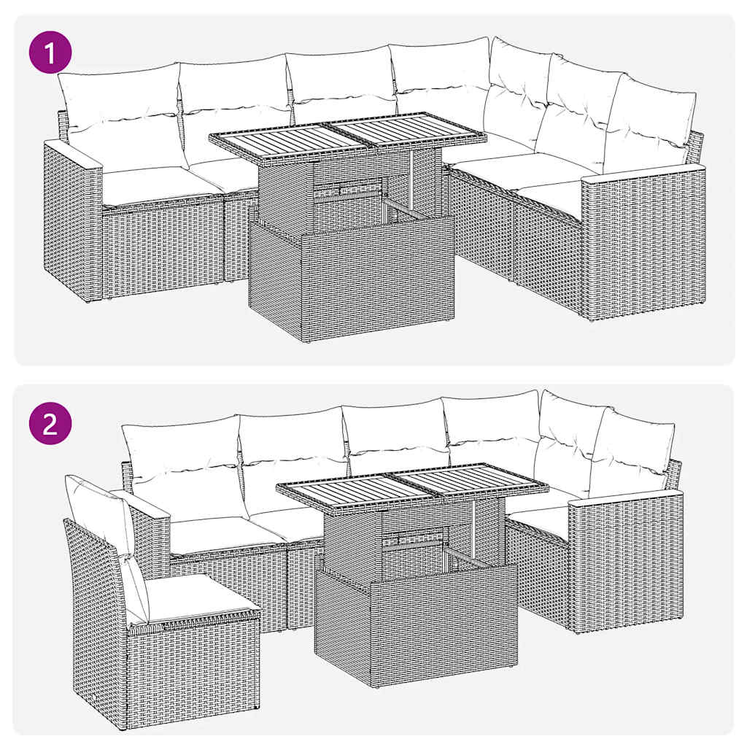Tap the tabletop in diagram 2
(413, 487)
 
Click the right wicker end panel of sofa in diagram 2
(626, 562)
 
